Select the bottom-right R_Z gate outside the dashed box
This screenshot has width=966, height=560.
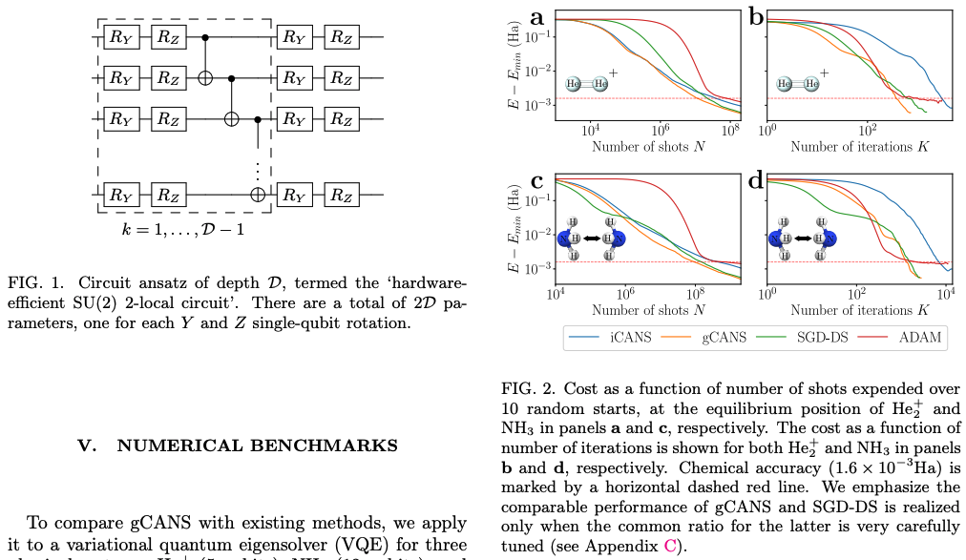point(341,195)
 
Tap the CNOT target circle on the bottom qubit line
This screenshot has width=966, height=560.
point(257,195)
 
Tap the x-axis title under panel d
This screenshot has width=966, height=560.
point(859,309)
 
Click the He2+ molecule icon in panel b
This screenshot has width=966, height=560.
point(800,84)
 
